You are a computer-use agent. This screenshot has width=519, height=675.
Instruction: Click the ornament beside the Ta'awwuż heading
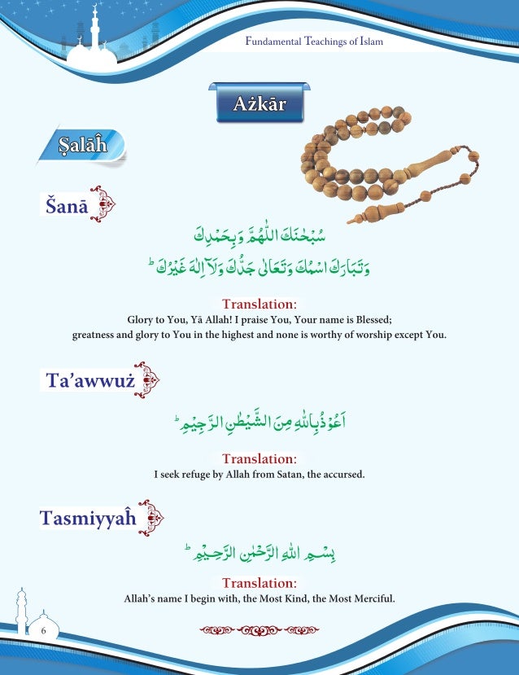coord(150,379)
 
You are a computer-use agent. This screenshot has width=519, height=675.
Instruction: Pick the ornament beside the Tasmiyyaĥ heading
coord(151,517)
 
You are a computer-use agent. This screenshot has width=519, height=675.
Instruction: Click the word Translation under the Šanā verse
coord(259,305)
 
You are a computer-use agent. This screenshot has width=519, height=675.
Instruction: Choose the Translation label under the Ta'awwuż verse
coord(259,459)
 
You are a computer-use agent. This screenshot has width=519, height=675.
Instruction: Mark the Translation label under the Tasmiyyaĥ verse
coord(259,583)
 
